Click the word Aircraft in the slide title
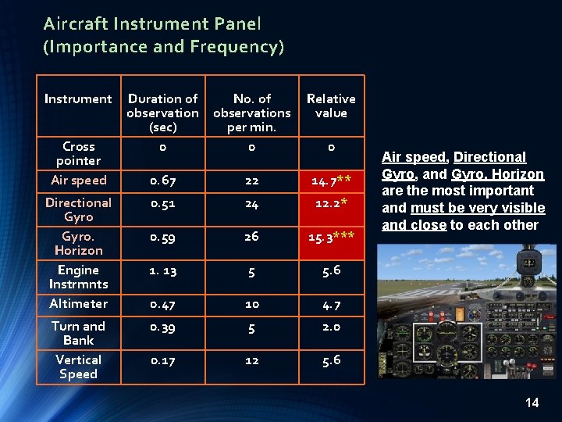coord(84,24)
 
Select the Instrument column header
coord(78,99)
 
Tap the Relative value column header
coord(331,106)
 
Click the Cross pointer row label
coord(78,153)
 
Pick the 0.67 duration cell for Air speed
coord(162,181)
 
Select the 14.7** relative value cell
coord(331,181)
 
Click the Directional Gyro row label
coord(78,209)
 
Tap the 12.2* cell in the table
coord(331,203)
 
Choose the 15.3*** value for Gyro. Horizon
coord(331,237)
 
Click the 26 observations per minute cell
coord(252,236)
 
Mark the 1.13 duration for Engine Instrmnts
coord(162,270)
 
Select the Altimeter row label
coord(78,303)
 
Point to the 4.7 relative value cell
coord(331,304)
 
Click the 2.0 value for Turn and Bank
coord(331,327)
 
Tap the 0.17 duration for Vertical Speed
coord(162,360)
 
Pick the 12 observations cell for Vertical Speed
coord(252,360)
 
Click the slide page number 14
coord(532,402)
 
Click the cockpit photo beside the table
coord(466,311)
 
